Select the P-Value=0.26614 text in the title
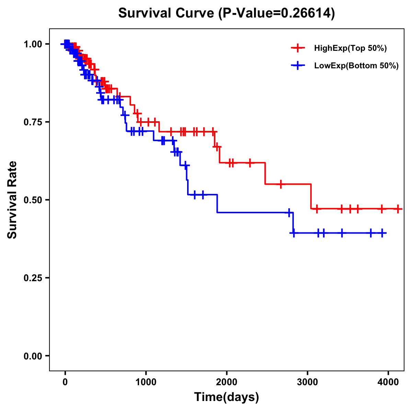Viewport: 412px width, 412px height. [x=278, y=13]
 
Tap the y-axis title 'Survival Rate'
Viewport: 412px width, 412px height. [x=12, y=200]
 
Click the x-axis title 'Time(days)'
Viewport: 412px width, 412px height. [x=227, y=397]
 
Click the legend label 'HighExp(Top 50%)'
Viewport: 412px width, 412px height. [x=350, y=48]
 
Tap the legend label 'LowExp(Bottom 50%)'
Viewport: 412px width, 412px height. [x=356, y=66]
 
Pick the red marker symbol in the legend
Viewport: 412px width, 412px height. [x=298, y=48]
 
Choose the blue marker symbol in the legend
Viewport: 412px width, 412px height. [x=298, y=66]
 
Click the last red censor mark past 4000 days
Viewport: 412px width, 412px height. [x=398, y=209]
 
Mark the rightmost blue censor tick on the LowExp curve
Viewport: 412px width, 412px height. [x=382, y=233]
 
